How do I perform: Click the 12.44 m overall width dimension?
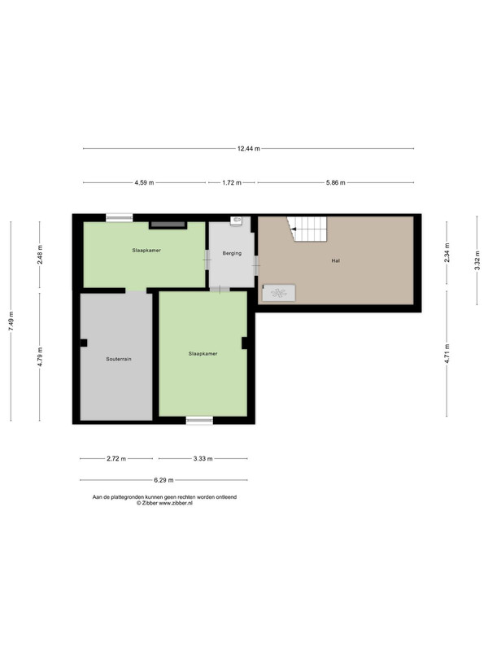pos(249,149)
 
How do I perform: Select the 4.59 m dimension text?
pos(144,182)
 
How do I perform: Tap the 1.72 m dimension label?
pos(232,182)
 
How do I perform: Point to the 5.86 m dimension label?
pos(335,182)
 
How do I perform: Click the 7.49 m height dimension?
pos(11,321)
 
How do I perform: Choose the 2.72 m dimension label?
pos(116,459)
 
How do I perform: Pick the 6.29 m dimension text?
pos(163,480)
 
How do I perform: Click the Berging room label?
pos(232,253)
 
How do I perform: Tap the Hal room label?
pos(336,261)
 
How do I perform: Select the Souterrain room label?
pos(119,359)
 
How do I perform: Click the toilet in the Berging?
pos(236,221)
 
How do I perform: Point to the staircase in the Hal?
pos(307,229)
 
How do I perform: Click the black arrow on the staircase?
pos(294,229)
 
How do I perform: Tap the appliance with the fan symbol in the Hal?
pos(279,293)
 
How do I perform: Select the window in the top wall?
pos(119,217)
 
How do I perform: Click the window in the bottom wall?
pos(199,421)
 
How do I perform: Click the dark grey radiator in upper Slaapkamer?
pos(168,225)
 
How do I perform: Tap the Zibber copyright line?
pos(165,503)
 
